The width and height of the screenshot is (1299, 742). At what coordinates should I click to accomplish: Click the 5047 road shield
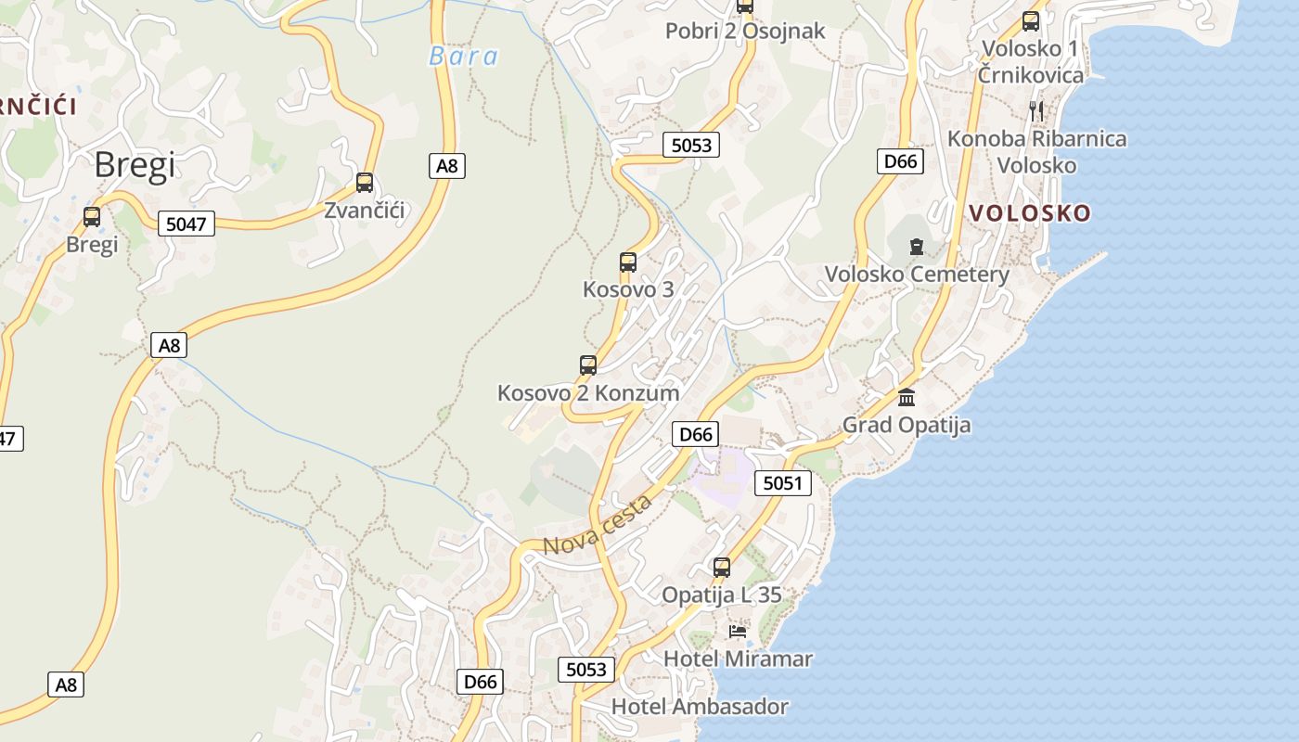tap(186, 224)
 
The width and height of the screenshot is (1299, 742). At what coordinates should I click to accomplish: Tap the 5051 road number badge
tap(782, 483)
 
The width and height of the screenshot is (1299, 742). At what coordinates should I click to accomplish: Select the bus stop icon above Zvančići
tap(365, 183)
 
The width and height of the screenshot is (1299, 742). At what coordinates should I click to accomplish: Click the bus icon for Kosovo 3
tap(628, 262)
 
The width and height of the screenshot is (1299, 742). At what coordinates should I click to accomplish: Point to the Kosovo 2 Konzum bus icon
tap(588, 365)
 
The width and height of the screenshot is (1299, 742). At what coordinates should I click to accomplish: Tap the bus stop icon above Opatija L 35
tap(722, 568)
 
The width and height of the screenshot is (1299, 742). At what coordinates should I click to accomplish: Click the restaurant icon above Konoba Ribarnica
tap(1036, 111)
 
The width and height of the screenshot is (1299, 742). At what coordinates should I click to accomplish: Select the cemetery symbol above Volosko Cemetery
tap(917, 247)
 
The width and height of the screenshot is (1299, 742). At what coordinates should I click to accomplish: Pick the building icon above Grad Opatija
tap(907, 398)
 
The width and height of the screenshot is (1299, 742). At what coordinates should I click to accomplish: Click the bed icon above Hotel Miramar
tap(738, 632)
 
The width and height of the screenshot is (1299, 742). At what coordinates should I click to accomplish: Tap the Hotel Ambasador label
tap(700, 707)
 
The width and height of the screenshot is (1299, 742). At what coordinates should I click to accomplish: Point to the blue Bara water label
tap(463, 57)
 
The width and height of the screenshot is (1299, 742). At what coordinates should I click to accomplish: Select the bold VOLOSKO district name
tap(1030, 213)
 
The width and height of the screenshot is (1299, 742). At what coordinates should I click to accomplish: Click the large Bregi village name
tap(135, 165)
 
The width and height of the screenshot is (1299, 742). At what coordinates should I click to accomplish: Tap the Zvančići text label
tap(365, 211)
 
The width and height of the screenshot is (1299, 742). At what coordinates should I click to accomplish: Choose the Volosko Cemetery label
tap(917, 275)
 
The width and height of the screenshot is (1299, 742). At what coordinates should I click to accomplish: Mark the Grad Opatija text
tap(907, 426)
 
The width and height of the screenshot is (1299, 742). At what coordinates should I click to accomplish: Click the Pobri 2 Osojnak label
tap(745, 31)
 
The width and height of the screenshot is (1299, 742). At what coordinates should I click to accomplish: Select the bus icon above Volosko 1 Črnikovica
tap(1031, 21)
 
